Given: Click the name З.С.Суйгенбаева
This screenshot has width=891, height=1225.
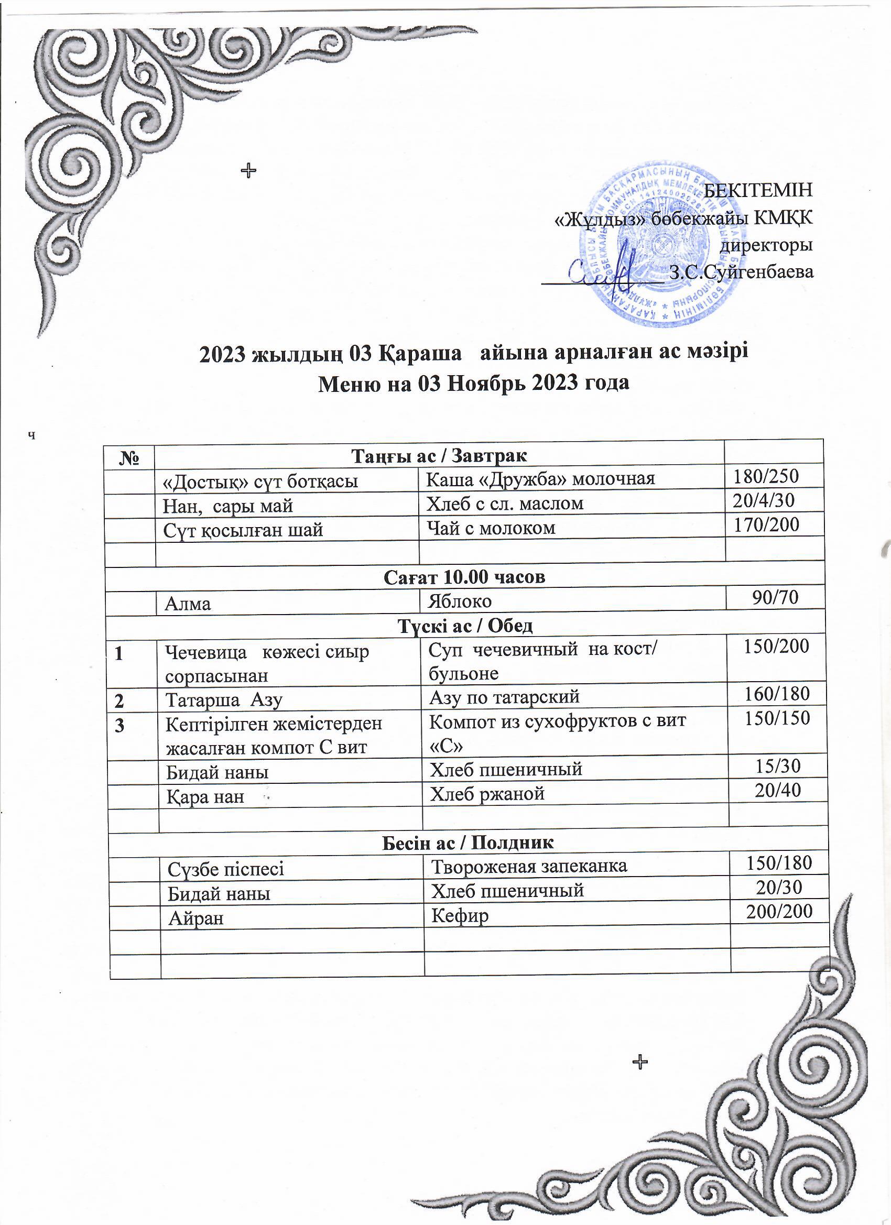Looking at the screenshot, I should pyautogui.click(x=741, y=272).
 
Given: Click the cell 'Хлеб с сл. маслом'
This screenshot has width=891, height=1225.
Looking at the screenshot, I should pyautogui.click(x=505, y=504).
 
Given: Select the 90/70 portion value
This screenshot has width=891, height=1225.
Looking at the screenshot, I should pyautogui.click(x=776, y=596).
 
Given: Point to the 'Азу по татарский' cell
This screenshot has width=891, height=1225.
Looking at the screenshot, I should pyautogui.click(x=504, y=697).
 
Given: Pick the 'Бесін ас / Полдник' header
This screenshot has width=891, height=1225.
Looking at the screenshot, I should pyautogui.click(x=468, y=842).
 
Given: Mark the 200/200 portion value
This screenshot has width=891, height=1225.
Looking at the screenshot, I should pyautogui.click(x=779, y=912).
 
